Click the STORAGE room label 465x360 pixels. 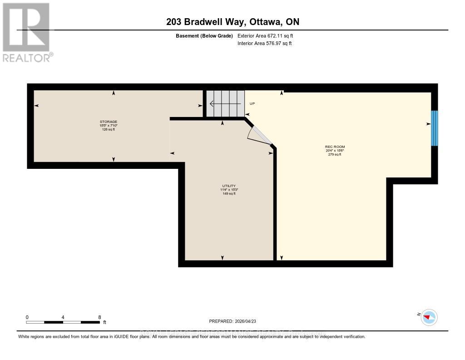(109, 122)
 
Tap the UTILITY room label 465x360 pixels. (229, 186)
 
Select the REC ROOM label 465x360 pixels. (332, 147)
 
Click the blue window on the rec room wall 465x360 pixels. (435, 128)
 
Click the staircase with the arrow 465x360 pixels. (225, 104)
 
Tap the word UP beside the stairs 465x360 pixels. (252, 104)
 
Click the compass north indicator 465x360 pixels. (429, 317)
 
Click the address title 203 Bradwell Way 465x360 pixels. (232, 22)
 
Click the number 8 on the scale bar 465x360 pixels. (99, 317)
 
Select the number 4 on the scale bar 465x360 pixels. (63, 317)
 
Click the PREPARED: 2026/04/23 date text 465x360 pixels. (232, 321)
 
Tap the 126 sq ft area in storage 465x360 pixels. (109, 130)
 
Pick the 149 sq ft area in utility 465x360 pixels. (229, 194)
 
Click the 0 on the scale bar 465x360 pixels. (27, 317)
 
